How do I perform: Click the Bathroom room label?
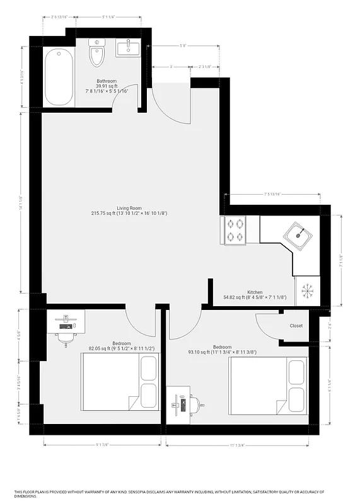click(107, 81)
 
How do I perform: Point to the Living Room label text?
click(129, 208)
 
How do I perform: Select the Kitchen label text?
click(255, 292)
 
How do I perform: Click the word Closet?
click(296, 326)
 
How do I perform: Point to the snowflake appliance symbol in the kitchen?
click(307, 290)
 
